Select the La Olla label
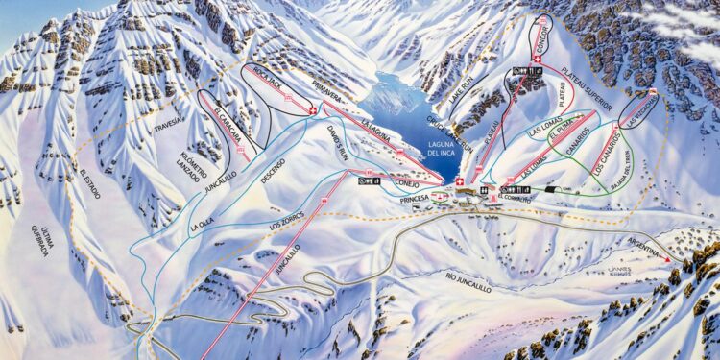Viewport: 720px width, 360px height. point(202,224)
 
